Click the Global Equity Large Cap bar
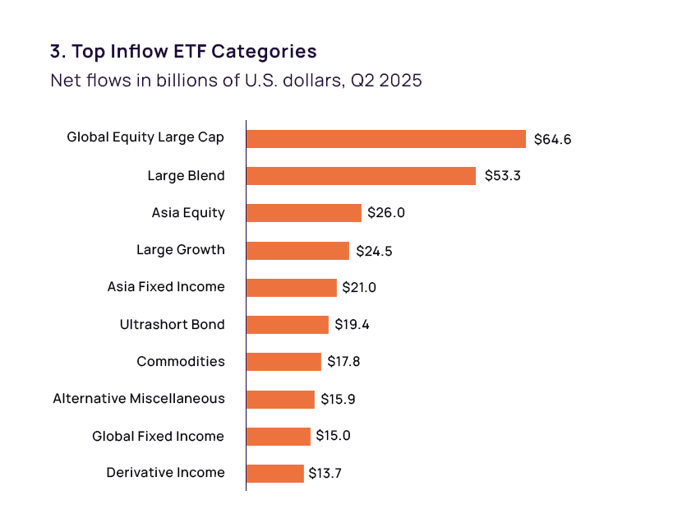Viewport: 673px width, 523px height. [386, 139]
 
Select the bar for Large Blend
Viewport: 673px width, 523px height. [362, 176]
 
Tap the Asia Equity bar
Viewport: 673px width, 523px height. [304, 213]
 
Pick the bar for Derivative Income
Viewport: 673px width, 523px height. [275, 474]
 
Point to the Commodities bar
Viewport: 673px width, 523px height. [283, 362]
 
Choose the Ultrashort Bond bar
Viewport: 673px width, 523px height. [288, 325]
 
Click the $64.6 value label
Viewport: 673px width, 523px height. [552, 139]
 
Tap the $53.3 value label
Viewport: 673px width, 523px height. [503, 176]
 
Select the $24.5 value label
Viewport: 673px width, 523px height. [374, 251]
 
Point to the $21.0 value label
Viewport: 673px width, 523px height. [359, 287]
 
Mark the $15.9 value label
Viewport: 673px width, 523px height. [338, 400]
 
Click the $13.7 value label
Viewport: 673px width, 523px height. [325, 473]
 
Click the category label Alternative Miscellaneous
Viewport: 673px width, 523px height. [139, 399]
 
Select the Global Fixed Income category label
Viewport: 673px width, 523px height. [158, 437]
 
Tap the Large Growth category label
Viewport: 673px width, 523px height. [181, 249]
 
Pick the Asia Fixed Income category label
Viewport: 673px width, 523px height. [166, 286]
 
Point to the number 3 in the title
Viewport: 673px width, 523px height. [56, 51]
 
